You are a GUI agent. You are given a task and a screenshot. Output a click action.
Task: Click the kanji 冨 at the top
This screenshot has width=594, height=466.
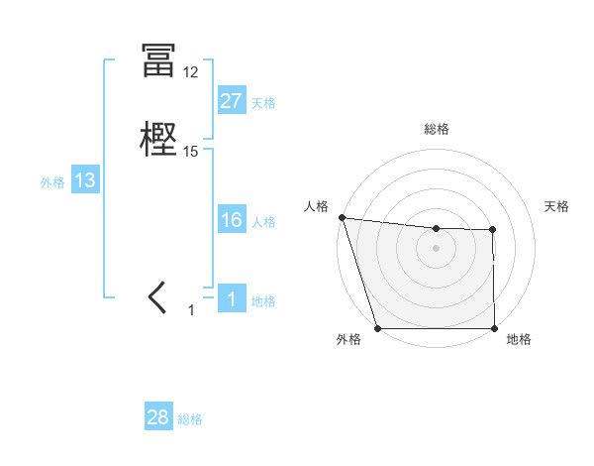coord(157,61)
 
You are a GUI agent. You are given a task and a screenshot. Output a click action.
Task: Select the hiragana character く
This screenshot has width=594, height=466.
coord(157,297)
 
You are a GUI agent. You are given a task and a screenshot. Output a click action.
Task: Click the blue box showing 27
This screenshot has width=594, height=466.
coord(231,100)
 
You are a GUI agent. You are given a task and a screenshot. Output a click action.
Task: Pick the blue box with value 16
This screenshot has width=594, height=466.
coord(231,220)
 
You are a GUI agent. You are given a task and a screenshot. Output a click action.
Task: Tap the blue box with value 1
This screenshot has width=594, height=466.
coord(231,299)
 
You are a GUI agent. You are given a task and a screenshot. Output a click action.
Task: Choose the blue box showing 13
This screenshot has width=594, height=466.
coord(84,180)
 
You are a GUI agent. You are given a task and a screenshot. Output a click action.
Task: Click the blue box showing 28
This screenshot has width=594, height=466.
coord(157,417)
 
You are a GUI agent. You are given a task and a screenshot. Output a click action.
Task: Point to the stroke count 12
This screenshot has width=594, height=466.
coord(190,72)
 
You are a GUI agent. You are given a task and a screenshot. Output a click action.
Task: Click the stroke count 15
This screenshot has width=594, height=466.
coord(191,152)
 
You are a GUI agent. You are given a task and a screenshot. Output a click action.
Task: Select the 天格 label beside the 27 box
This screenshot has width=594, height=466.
coord(263,103)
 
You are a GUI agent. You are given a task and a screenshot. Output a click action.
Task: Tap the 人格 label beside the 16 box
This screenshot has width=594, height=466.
coord(263,222)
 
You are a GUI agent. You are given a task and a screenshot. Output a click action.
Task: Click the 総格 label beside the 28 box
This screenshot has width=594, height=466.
coord(190,419)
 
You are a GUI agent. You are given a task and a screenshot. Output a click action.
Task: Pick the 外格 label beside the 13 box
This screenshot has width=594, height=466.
coord(52,182)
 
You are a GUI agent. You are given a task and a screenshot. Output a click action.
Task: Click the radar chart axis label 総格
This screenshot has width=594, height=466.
coord(437,129)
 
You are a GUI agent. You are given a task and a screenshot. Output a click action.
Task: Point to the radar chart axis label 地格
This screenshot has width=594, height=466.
coord(519,339)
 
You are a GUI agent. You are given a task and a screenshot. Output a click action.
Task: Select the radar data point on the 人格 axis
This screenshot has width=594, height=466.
coord(342,217)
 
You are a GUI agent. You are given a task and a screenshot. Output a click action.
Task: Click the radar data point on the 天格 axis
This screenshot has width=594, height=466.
coord(492,230)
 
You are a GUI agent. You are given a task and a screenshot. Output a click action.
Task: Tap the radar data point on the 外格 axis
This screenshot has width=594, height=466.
coord(378,327)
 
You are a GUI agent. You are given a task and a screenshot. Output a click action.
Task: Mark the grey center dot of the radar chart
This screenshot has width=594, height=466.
coord(437,248)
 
